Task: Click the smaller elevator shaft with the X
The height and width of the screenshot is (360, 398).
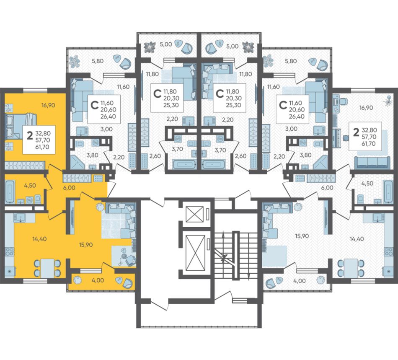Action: tap(195, 215)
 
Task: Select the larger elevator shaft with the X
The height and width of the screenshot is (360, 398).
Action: tap(196, 253)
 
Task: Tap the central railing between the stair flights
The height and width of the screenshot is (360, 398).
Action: tap(236, 255)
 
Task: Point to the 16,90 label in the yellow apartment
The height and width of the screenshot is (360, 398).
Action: tap(48, 105)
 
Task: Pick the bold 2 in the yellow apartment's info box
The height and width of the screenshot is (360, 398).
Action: tap(30, 135)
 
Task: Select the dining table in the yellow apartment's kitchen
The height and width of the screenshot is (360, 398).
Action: tap(47, 268)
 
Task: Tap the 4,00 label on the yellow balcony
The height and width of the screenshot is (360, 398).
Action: tap(98, 280)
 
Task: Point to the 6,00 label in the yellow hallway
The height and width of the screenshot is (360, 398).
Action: tap(69, 188)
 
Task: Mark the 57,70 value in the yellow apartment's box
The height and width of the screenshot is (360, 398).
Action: tap(43, 140)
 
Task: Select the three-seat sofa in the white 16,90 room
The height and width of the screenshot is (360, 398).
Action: tap(372, 163)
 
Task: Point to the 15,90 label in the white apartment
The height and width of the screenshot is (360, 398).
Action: tap(302, 236)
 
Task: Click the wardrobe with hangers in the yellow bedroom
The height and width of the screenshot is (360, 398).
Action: tap(25, 165)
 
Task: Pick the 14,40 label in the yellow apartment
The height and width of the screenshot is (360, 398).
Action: tap(39, 239)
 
